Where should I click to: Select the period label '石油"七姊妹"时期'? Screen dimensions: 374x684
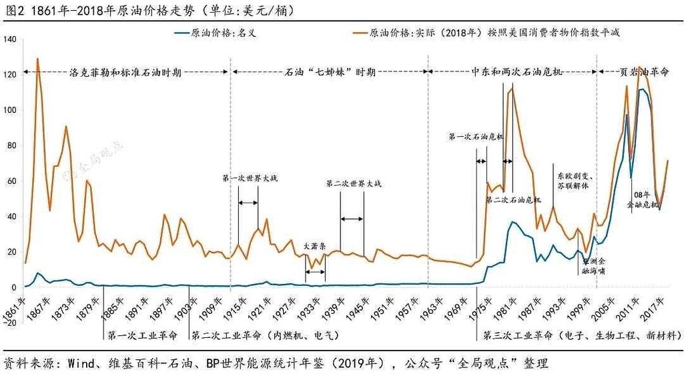pos(330,71)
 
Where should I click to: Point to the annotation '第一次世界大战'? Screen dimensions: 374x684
pos(249,178)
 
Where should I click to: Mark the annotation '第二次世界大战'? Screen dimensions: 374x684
pos(354,183)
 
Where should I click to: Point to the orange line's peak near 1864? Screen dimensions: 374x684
pos(37,59)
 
